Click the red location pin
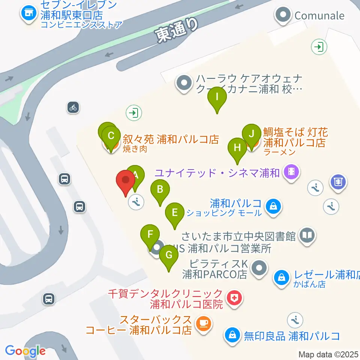126,182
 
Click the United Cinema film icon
291,172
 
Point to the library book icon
307,236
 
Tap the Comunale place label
319,15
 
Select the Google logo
25,351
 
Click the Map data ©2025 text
328,354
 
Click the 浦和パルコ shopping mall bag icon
273,205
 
